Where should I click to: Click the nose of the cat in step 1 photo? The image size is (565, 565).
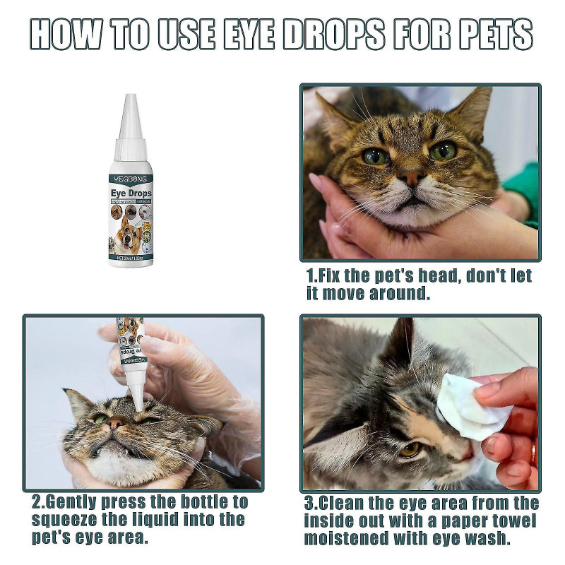pos(411,177)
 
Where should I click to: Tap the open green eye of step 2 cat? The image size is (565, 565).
pos(101,419)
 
